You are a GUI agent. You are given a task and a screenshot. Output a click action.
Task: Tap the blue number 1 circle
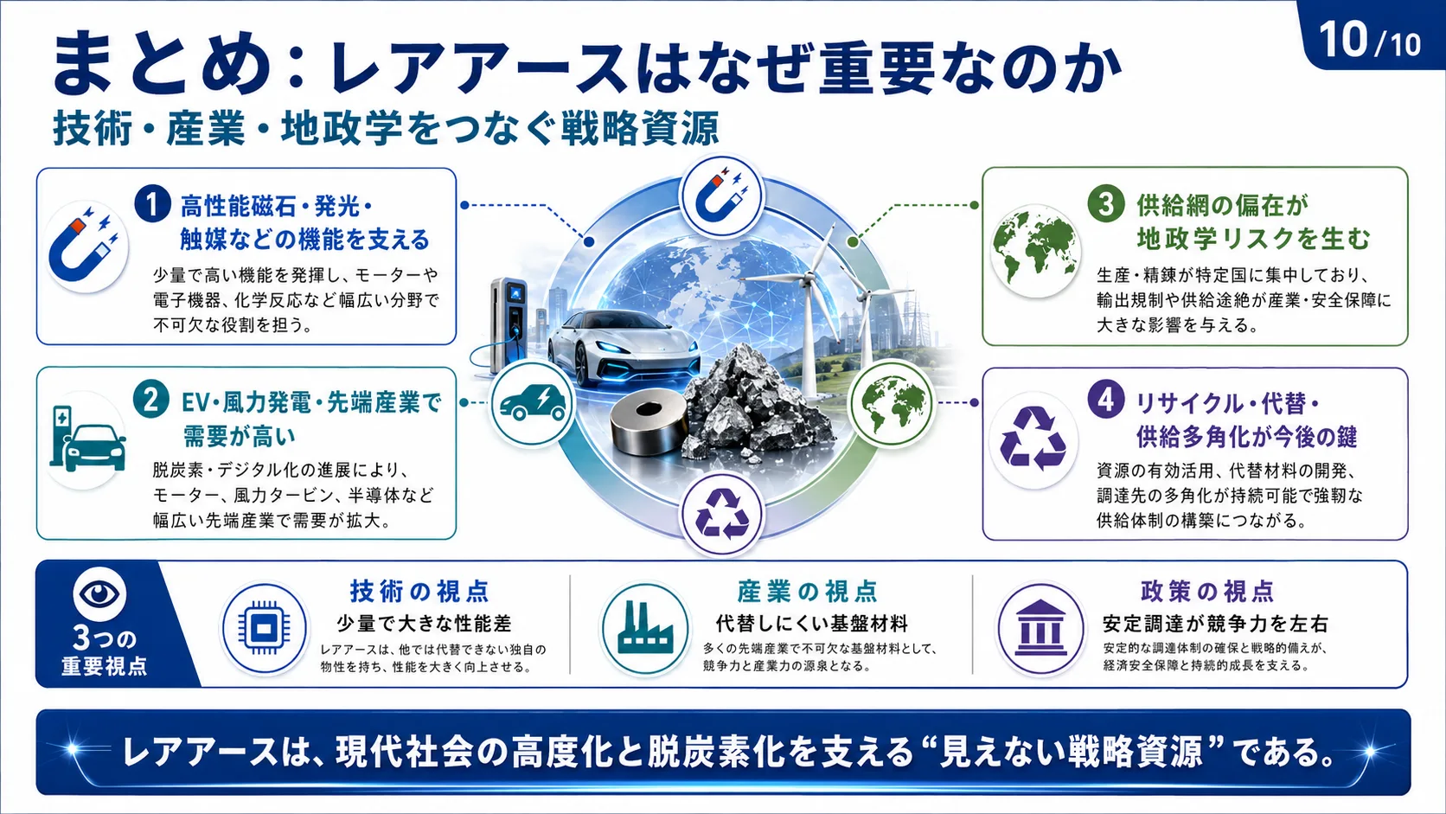(x=152, y=204)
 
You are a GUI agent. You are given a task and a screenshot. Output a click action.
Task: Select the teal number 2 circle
(x=151, y=400)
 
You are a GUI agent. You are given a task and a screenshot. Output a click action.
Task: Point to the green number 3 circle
(x=1106, y=203)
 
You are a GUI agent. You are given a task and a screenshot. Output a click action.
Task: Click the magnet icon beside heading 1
(x=85, y=246)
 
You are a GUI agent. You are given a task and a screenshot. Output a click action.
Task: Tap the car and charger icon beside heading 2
(x=88, y=439)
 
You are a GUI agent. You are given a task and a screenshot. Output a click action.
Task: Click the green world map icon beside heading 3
(x=1035, y=251)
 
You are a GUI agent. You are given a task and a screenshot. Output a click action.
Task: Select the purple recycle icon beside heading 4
(x=1033, y=438)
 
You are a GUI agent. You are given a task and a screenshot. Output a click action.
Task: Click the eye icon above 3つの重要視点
(x=99, y=593)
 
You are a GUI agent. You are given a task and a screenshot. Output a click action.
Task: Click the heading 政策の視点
(x=1207, y=592)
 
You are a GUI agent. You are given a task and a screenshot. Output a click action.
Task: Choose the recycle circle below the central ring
(x=722, y=514)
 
